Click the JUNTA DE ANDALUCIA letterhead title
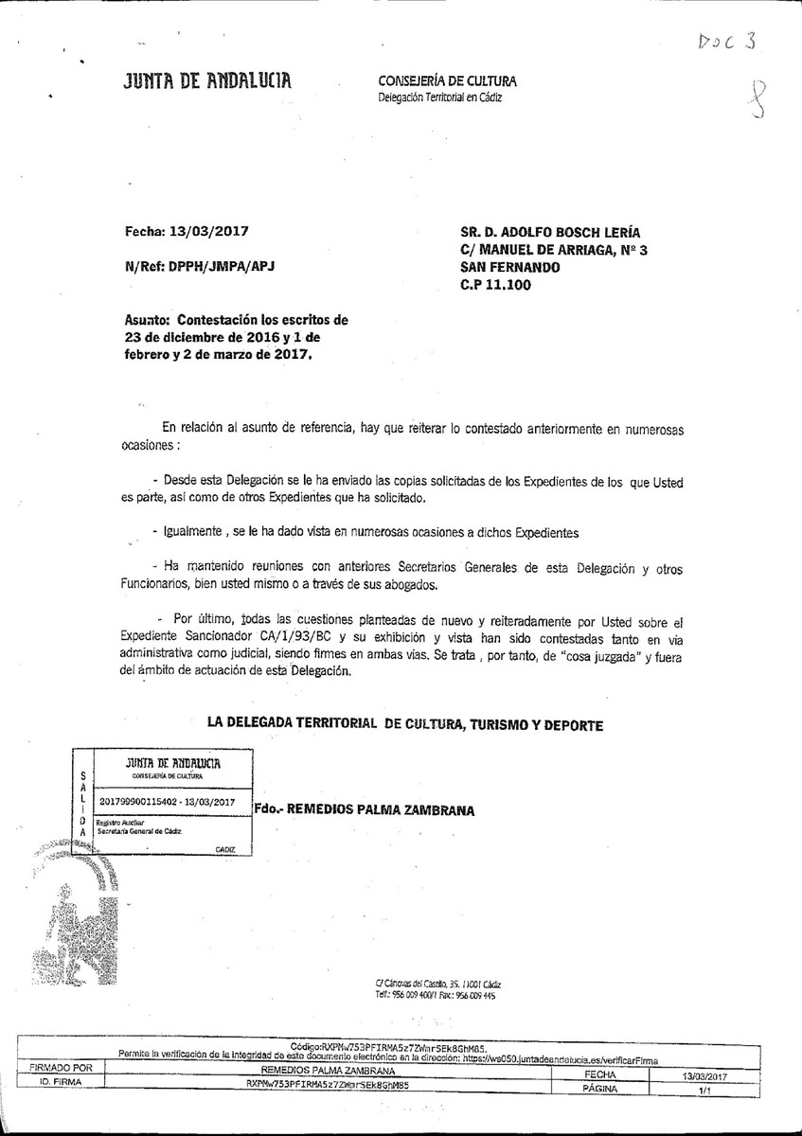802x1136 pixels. pos(207,82)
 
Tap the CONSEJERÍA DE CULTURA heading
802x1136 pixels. pos(447,81)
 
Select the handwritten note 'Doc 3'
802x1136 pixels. pos(728,43)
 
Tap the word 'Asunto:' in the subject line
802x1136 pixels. pos(148,320)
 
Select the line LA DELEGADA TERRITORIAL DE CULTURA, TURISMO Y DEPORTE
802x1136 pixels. pos(404,725)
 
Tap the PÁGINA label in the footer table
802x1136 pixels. pos(601,1090)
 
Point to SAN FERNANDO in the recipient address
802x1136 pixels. pos(508,267)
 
